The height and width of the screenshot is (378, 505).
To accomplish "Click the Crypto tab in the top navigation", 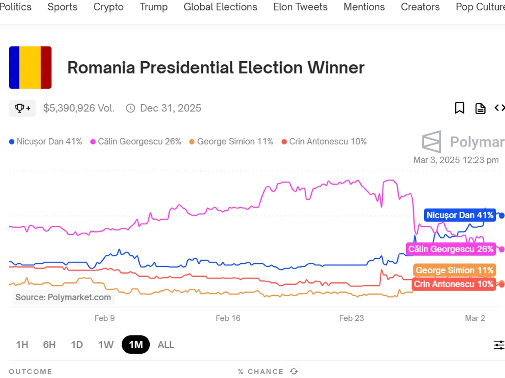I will pyautogui.click(x=108, y=7).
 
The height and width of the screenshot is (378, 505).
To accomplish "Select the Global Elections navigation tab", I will pyautogui.click(x=220, y=7).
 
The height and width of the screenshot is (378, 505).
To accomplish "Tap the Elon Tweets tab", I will pyautogui.click(x=300, y=7).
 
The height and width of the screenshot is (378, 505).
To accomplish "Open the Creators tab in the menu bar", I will pyautogui.click(x=420, y=7).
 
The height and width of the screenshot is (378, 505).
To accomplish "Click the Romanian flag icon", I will pyautogui.click(x=30, y=68).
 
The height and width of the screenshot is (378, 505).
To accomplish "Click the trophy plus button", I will pyautogui.click(x=22, y=108).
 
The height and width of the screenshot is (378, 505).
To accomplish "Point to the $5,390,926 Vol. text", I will pyautogui.click(x=79, y=108).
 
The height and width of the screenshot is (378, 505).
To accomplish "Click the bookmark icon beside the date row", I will pyautogui.click(x=460, y=108).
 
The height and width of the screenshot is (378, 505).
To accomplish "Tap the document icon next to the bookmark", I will pyautogui.click(x=480, y=108).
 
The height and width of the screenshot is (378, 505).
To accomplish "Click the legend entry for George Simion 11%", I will pyautogui.click(x=231, y=142).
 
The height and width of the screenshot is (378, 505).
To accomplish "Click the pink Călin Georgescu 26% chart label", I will pyautogui.click(x=451, y=249).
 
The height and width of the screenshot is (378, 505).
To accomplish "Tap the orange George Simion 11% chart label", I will pyautogui.click(x=454, y=270).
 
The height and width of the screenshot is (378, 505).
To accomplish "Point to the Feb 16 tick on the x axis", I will pyautogui.click(x=228, y=318).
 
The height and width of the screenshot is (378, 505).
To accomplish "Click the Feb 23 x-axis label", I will pyautogui.click(x=351, y=318).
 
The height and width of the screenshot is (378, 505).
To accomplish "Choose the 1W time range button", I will pyautogui.click(x=106, y=345).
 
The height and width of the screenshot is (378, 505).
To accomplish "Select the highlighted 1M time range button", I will pyautogui.click(x=136, y=345).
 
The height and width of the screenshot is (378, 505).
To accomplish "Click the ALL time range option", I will pyautogui.click(x=166, y=345).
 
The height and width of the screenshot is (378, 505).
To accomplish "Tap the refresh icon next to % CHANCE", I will pyautogui.click(x=294, y=371).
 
